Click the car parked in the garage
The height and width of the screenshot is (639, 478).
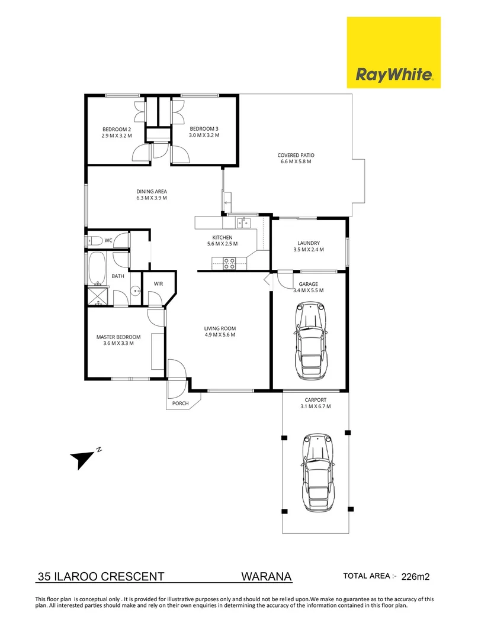(310, 341)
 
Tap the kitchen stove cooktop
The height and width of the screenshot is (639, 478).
(230, 263)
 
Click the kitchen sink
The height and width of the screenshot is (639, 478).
(243, 222)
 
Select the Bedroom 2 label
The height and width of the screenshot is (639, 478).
(116, 129)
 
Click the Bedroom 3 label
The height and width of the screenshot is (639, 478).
(204, 129)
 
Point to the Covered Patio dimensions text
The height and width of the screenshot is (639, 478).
(294, 162)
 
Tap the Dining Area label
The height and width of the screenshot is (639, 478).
(152, 191)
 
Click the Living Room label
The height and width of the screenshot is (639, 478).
(220, 328)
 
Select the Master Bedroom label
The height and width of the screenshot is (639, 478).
(118, 337)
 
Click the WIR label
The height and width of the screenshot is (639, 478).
(158, 284)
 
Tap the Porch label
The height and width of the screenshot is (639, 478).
(180, 404)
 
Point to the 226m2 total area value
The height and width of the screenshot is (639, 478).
(418, 576)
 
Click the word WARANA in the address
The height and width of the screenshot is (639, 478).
(267, 576)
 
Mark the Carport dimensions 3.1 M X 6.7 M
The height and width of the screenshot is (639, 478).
(315, 406)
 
